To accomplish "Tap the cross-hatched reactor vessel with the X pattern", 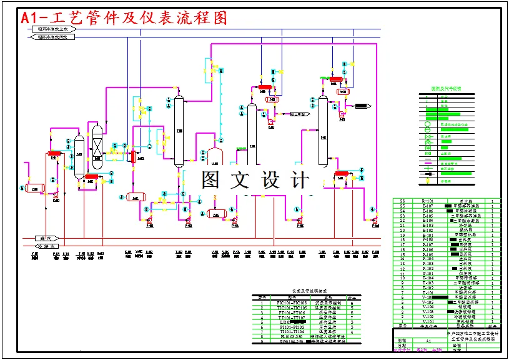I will (x=97, y=147).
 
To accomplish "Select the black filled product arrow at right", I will (x=363, y=106).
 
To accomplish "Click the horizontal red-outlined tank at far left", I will (x=35, y=187).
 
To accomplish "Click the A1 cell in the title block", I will (x=427, y=341).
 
